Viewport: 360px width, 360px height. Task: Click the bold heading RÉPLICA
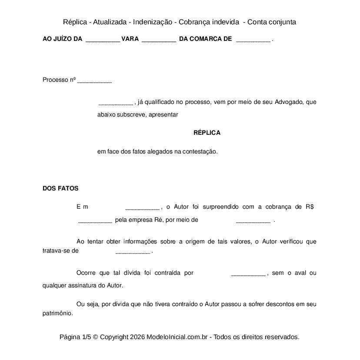(207, 133)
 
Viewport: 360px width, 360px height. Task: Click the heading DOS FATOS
(60, 188)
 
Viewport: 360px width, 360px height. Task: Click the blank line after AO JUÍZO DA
(103, 40)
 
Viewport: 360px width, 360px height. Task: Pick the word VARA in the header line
(130, 39)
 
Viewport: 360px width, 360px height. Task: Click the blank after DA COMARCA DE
(253, 40)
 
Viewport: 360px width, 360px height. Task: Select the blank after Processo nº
(94, 81)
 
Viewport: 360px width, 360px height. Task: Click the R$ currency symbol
(309, 207)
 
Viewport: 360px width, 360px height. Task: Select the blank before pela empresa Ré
(95, 221)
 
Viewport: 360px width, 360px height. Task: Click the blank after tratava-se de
(133, 252)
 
